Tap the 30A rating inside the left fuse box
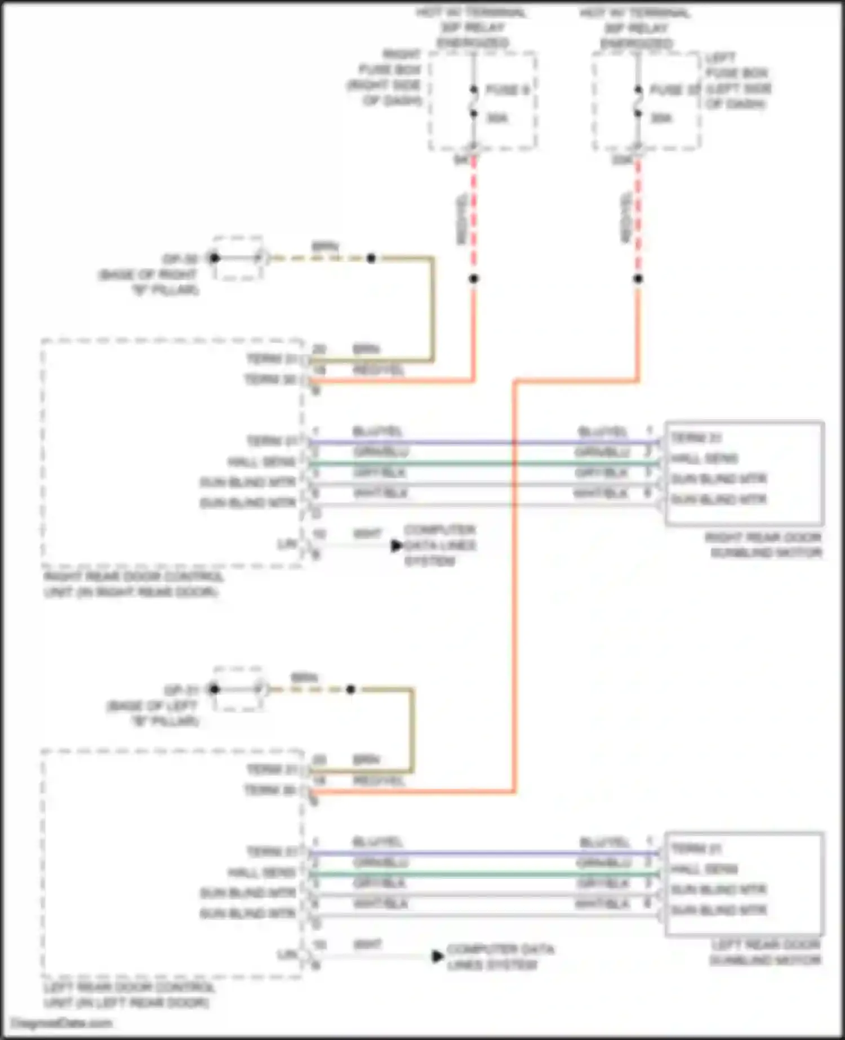pos(661,118)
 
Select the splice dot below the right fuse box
pos(474,278)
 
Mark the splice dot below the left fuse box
pos(638,278)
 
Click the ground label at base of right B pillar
pos(180,259)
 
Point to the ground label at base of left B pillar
pos(181,690)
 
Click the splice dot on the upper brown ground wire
pos(371,259)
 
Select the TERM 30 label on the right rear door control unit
pos(270,379)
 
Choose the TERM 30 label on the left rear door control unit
pos(270,790)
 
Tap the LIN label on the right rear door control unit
pos(287,544)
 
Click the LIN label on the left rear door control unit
pos(287,955)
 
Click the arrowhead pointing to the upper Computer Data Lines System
pos(397,545)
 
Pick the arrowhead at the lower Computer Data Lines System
pos(438,956)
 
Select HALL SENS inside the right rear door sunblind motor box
pos(704,458)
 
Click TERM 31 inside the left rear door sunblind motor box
pos(696,848)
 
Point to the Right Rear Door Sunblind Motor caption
pos(763,545)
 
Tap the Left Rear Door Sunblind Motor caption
pos(765,952)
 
